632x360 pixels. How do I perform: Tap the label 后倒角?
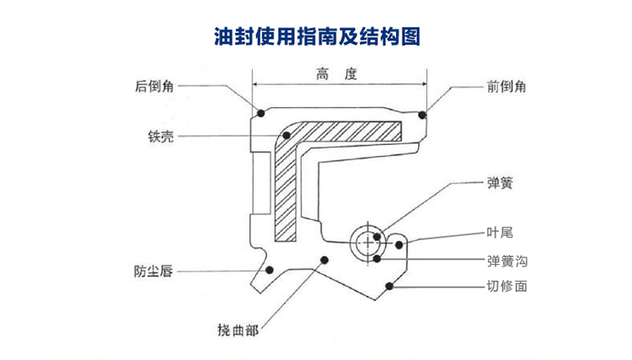(154, 85)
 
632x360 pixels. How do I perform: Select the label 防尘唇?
(153, 271)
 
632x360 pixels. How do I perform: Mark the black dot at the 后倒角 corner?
(261, 113)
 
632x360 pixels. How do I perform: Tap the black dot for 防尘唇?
(270, 270)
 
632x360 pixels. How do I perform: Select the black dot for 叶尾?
(400, 244)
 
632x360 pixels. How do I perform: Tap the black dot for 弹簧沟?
(379, 258)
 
